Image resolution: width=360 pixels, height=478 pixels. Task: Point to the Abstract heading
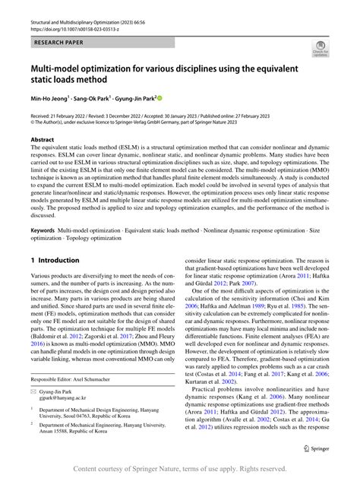click(x=43, y=140)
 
